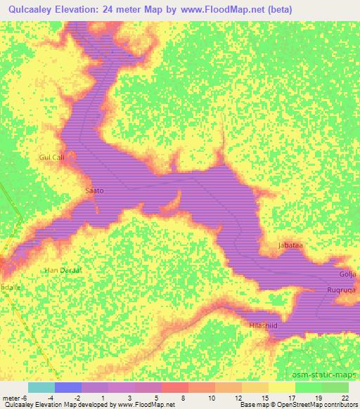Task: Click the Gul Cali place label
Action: (53, 157)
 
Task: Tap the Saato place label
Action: (94, 190)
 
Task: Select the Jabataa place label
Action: (290, 245)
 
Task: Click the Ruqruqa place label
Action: (342, 289)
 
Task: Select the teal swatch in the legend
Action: (41, 387)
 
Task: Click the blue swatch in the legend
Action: (67, 387)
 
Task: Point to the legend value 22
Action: (344, 398)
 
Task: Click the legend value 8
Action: (184, 398)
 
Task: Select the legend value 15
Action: (264, 398)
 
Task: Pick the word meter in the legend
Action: (12, 398)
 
